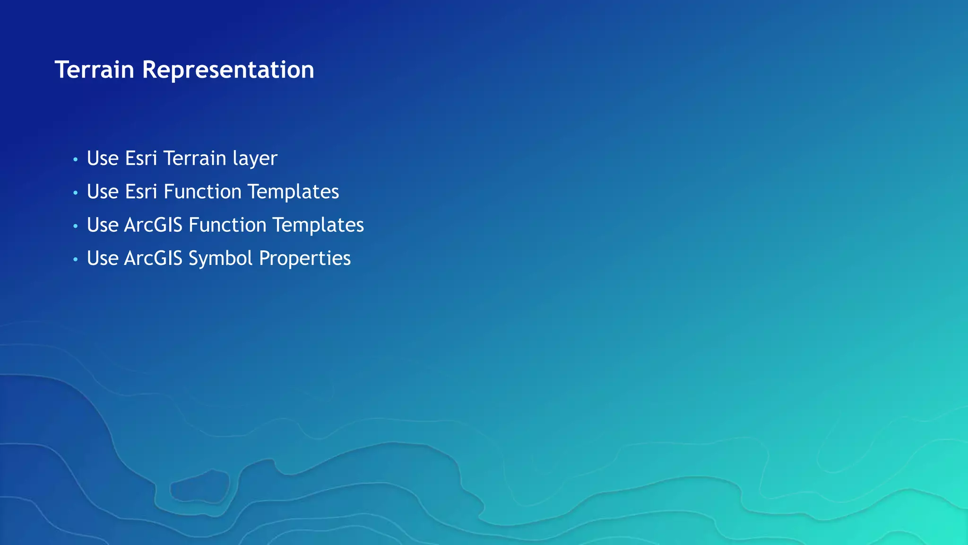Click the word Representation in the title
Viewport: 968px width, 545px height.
point(228,70)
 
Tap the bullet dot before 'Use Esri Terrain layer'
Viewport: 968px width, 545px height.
point(75,160)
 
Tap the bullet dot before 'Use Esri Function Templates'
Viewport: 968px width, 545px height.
point(75,193)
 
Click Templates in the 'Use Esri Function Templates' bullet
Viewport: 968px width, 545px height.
point(293,192)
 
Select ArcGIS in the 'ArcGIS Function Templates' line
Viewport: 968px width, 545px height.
point(153,225)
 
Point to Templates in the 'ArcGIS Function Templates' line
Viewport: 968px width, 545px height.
point(318,225)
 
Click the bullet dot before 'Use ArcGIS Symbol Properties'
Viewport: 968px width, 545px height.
point(75,260)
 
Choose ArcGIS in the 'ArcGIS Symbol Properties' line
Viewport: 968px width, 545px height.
point(153,258)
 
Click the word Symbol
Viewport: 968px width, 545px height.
point(220,258)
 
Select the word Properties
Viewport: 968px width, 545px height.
point(305,258)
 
